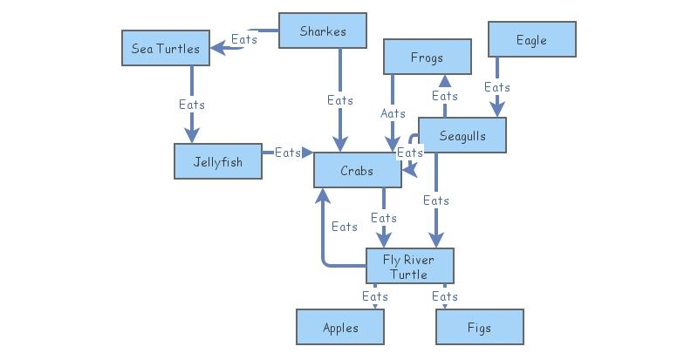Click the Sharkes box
point(322,31)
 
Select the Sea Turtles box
point(166,48)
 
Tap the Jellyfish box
point(218,161)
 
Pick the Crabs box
point(357,170)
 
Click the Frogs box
point(428,58)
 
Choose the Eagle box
point(531,40)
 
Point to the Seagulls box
point(462,135)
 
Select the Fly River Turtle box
point(409,266)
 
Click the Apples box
point(340,328)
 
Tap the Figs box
point(479,328)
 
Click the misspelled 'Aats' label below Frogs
point(393,113)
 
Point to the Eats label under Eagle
point(497,87)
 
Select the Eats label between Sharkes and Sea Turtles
point(244,39)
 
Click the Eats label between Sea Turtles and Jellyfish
point(192,105)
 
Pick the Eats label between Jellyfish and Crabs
point(288,153)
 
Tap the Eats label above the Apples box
point(375,296)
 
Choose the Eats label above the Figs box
point(445,296)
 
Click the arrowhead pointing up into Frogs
point(445,81)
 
